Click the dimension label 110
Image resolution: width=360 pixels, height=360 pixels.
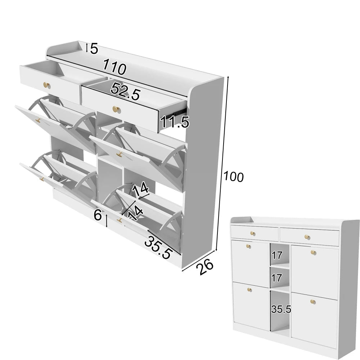click(x=114, y=67)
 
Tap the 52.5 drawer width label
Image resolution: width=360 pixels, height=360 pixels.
click(x=125, y=91)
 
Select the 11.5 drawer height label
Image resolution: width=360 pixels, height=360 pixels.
click(x=175, y=122)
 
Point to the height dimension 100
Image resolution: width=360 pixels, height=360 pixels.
click(x=233, y=176)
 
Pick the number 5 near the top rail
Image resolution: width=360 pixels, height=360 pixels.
click(x=94, y=49)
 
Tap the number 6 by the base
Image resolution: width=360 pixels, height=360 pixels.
click(x=98, y=215)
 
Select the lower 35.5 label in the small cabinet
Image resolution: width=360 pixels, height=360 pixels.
click(x=281, y=309)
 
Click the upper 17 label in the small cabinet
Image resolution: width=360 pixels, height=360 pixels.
click(x=276, y=255)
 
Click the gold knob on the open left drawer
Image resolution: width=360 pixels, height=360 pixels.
click(x=47, y=85)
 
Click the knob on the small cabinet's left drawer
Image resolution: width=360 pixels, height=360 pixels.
click(x=253, y=234)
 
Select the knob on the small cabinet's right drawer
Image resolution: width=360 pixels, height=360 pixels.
click(x=307, y=237)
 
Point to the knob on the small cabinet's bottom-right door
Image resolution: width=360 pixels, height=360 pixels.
click(x=313, y=301)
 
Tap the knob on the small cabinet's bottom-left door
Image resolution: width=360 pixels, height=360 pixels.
click(x=250, y=289)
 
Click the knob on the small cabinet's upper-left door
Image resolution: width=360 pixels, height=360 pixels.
click(x=248, y=246)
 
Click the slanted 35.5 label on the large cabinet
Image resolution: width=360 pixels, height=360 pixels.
click(x=159, y=247)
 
